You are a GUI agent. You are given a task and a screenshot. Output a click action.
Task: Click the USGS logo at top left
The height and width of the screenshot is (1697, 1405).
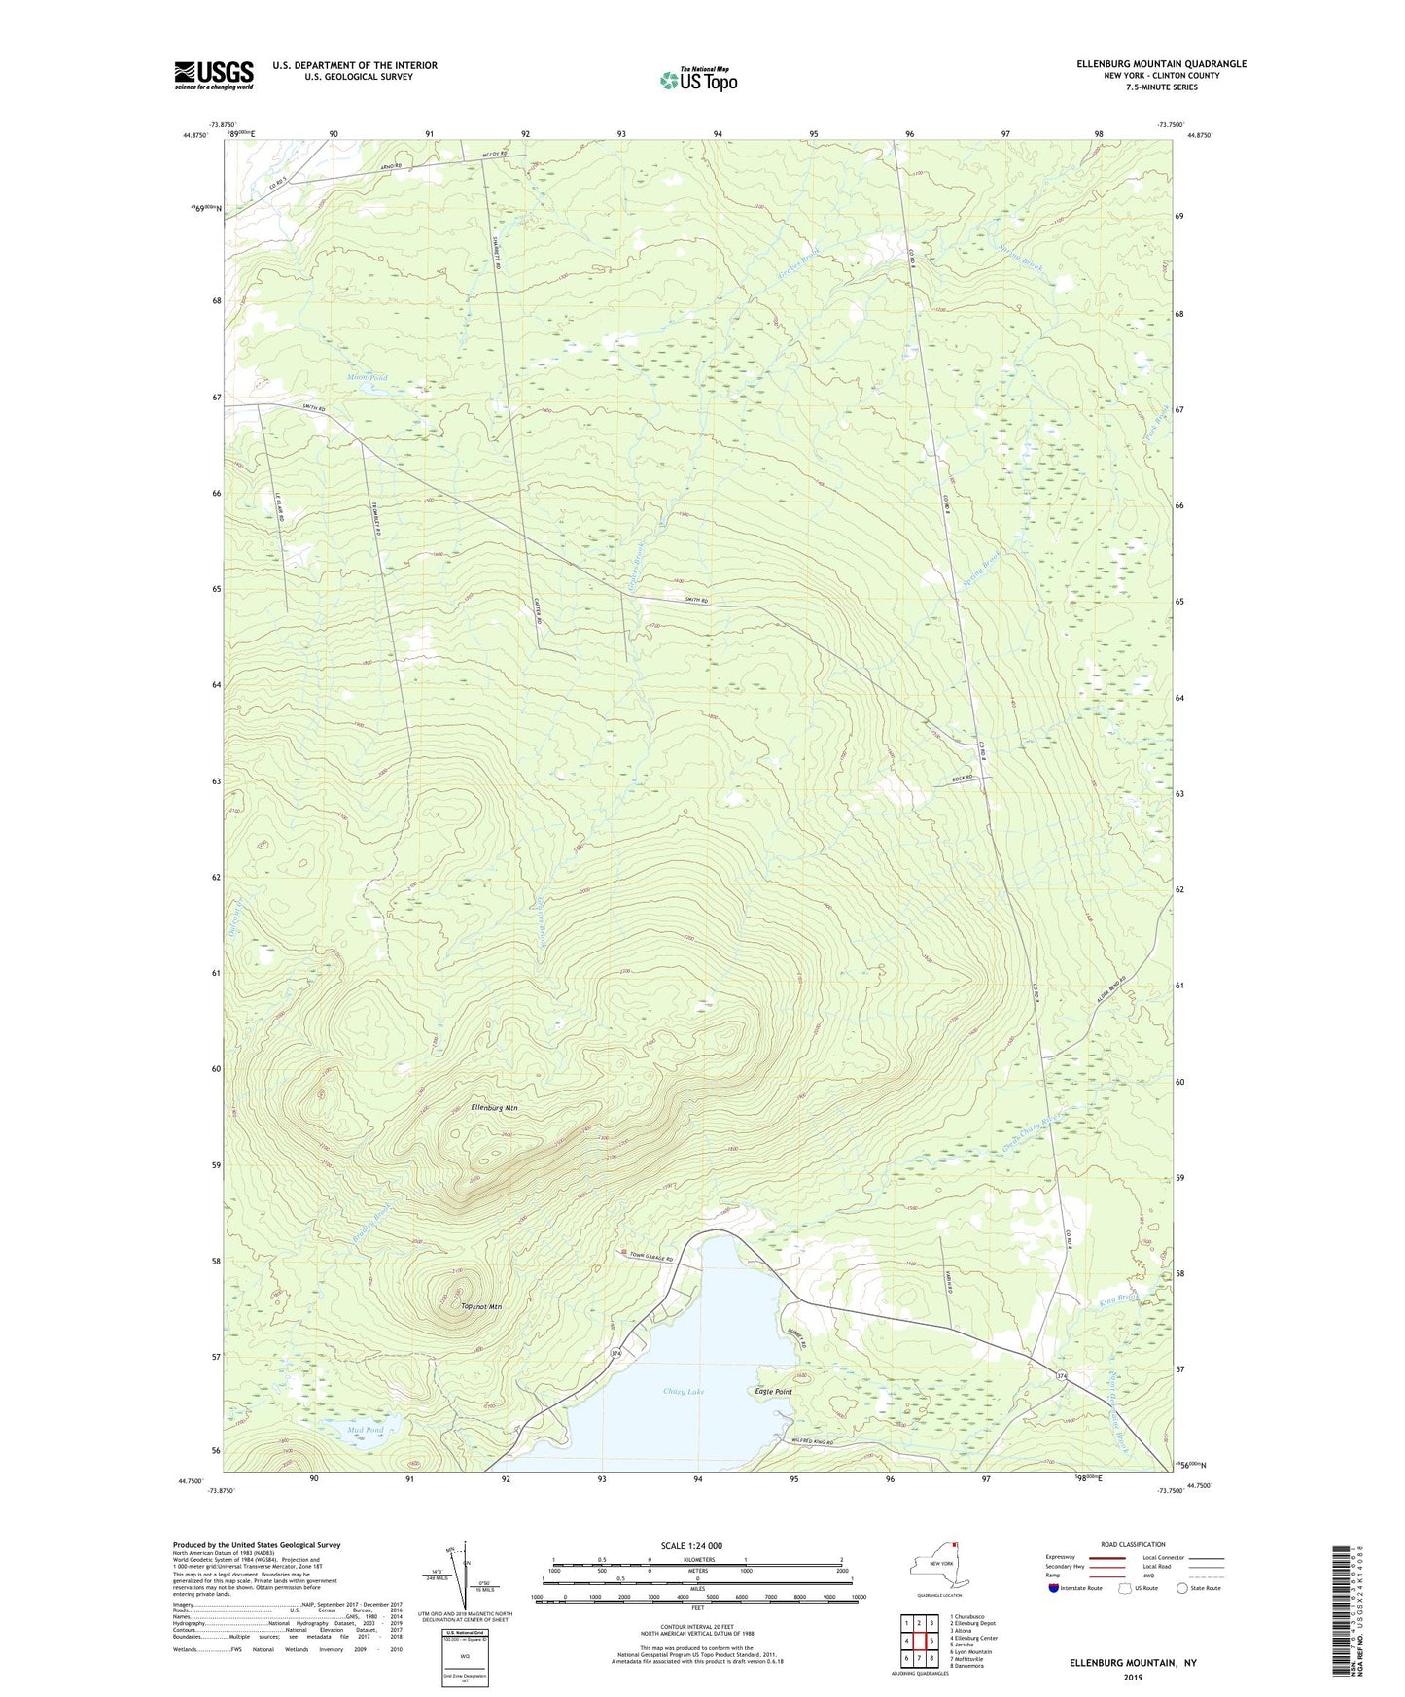click(x=214, y=75)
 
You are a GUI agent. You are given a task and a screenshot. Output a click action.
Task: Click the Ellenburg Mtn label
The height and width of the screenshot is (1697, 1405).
click(x=494, y=1107)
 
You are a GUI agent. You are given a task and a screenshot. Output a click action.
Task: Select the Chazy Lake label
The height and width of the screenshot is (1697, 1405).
click(x=684, y=1392)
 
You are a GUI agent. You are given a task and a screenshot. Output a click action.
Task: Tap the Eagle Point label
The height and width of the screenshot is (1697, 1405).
click(x=773, y=1392)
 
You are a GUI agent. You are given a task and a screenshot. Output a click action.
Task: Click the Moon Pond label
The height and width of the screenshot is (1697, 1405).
click(x=367, y=377)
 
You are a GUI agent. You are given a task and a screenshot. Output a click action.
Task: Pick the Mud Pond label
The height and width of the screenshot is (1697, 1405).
click(x=365, y=1430)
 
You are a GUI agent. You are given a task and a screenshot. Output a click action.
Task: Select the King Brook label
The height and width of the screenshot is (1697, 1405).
click(x=1118, y=1298)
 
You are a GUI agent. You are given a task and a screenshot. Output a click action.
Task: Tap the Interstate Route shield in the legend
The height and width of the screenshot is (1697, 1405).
click(x=1055, y=1588)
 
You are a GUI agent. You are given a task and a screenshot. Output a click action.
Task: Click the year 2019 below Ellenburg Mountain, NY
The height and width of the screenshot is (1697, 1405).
click(x=1133, y=1677)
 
